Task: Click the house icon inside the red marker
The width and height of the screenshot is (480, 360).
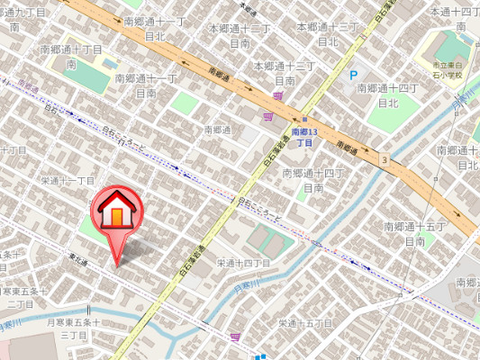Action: [x=116, y=212]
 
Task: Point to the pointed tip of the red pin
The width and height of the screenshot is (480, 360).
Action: [x=116, y=265]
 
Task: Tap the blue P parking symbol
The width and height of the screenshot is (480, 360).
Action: [x=354, y=76]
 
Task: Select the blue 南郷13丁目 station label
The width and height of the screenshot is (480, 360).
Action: [x=304, y=138]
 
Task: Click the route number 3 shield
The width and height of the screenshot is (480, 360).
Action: [x=385, y=160]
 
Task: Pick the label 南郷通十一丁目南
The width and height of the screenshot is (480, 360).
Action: [x=146, y=85]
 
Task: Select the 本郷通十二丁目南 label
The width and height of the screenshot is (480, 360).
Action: [x=240, y=35]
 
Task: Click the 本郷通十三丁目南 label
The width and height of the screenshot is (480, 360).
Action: [x=285, y=73]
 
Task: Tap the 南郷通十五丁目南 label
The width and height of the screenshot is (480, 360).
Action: [x=414, y=233]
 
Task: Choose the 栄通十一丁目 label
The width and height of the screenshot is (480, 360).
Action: [x=68, y=181]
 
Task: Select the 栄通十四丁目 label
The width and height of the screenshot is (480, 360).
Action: [x=244, y=263]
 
